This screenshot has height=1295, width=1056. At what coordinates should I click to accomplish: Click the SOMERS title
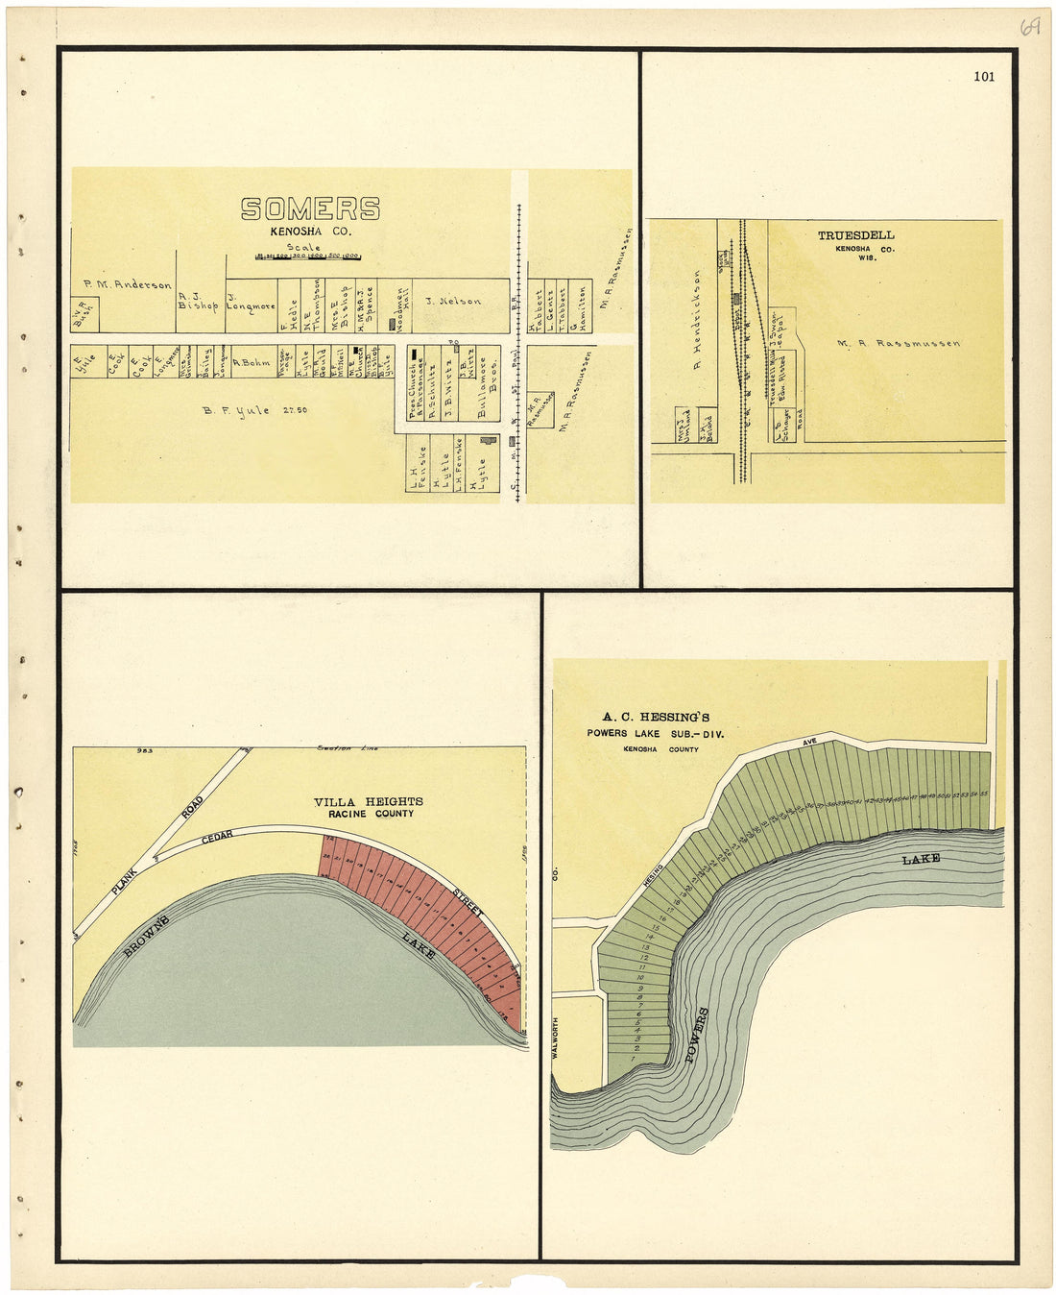pyautogui.click(x=310, y=208)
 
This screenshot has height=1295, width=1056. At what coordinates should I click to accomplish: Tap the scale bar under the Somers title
pyautogui.click(x=307, y=257)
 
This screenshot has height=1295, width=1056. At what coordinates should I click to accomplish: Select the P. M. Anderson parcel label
pyautogui.click(x=127, y=284)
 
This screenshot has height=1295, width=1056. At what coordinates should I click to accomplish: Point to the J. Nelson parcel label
pyautogui.click(x=453, y=301)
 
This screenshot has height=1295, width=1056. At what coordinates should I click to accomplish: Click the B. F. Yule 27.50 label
pyautogui.click(x=254, y=410)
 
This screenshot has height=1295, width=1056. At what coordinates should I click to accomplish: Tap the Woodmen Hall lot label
pyautogui.click(x=400, y=306)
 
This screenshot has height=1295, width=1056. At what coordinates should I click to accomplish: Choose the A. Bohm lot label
pyautogui.click(x=252, y=363)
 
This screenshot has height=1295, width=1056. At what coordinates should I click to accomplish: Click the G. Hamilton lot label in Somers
pyautogui.click(x=574, y=309)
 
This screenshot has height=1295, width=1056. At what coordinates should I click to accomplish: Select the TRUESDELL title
pyautogui.click(x=855, y=234)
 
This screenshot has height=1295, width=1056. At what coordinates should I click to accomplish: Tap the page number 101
pyautogui.click(x=983, y=77)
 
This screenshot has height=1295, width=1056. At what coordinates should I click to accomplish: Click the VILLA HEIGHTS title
pyautogui.click(x=368, y=801)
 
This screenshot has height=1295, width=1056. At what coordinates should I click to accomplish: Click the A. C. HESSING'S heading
pyautogui.click(x=656, y=717)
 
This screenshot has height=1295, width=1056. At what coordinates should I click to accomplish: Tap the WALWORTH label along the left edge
pyautogui.click(x=556, y=1029)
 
